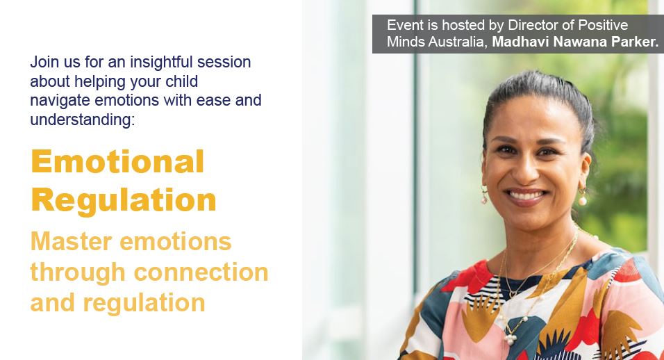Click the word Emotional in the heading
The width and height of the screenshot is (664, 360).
coord(117,161)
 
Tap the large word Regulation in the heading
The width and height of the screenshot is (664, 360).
coord(124,199)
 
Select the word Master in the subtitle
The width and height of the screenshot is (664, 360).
coord(72,241)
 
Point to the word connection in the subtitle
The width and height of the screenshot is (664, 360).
coord(201,272)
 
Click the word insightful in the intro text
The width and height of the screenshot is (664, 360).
coord(161,62)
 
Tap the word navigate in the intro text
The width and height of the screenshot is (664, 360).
coord(60,101)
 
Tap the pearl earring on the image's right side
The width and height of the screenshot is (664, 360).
coord(583,197)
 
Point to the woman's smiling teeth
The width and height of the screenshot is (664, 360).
coord(526,196)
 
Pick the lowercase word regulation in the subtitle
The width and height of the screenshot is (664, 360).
coord(144,303)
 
